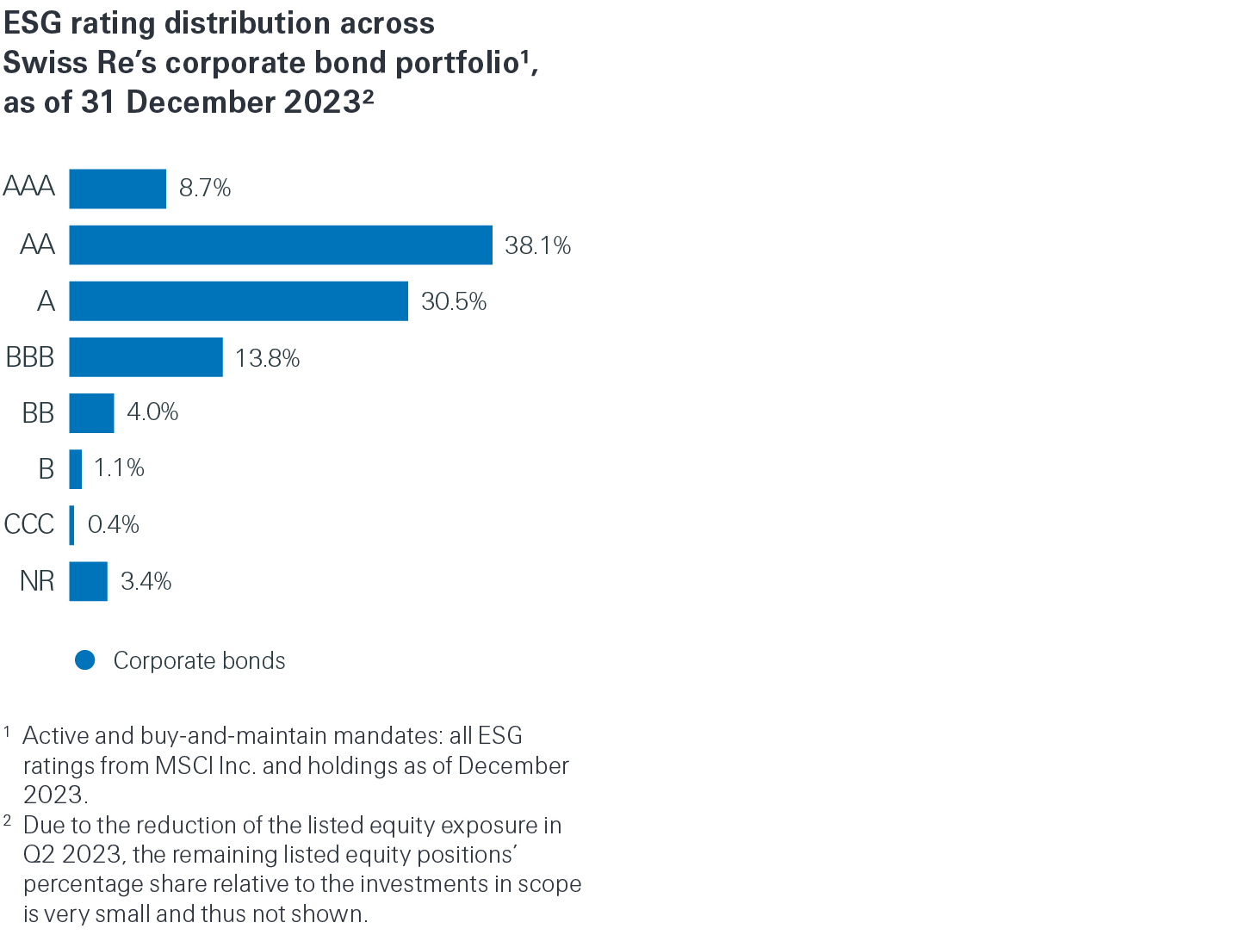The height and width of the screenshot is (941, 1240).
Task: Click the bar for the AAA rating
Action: [x=117, y=189]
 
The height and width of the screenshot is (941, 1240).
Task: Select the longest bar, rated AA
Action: [x=280, y=245]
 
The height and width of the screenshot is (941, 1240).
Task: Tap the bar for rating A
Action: [x=238, y=301]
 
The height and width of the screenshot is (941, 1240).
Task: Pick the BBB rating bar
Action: [x=146, y=357]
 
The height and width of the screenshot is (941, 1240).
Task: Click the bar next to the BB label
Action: [x=91, y=413]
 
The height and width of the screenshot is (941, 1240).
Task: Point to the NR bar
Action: [x=88, y=581]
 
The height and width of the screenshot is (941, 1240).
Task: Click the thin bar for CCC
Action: [x=71, y=525]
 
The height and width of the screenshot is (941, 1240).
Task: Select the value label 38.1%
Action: [x=537, y=245]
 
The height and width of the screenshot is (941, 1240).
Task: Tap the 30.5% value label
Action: [x=454, y=301]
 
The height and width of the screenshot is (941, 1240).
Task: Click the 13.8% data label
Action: [x=267, y=358]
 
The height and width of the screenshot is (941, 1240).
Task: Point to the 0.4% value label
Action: [x=113, y=524]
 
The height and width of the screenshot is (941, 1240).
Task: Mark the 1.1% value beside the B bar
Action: [x=119, y=467]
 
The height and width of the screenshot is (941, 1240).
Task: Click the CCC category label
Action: [x=29, y=524]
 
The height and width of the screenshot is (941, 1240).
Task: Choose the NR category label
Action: [x=37, y=581]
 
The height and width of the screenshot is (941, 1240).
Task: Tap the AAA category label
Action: [x=29, y=186]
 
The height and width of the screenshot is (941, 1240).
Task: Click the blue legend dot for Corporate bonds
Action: [x=85, y=660]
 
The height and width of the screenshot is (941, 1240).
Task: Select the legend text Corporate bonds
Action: [x=199, y=660]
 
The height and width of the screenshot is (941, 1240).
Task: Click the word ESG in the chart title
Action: [x=33, y=23]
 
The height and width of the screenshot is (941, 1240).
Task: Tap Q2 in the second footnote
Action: [x=38, y=855]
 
